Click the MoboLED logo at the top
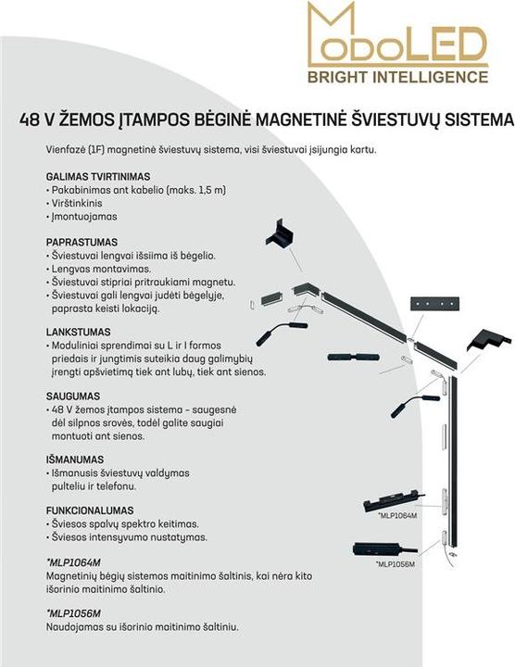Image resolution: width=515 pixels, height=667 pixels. click(397, 36)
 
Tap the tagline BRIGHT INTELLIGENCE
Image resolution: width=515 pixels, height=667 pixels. click(397, 75)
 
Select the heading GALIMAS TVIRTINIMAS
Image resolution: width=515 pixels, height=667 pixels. click(98, 176)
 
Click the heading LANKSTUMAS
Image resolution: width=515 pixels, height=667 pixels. click(79, 331)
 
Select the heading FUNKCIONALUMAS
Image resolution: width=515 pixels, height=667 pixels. click(90, 510)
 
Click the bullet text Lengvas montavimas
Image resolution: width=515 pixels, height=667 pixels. click(107, 268)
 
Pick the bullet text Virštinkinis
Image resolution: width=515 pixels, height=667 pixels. click(81, 203)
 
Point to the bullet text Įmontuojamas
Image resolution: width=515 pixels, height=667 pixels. click(86, 216)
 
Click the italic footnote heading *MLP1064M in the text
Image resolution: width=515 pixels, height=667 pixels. click(73, 562)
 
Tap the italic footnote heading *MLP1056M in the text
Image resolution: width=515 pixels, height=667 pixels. click(73, 613)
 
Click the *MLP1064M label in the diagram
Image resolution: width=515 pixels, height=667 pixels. click(397, 515)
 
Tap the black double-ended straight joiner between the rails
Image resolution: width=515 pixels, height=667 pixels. click(347, 356)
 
